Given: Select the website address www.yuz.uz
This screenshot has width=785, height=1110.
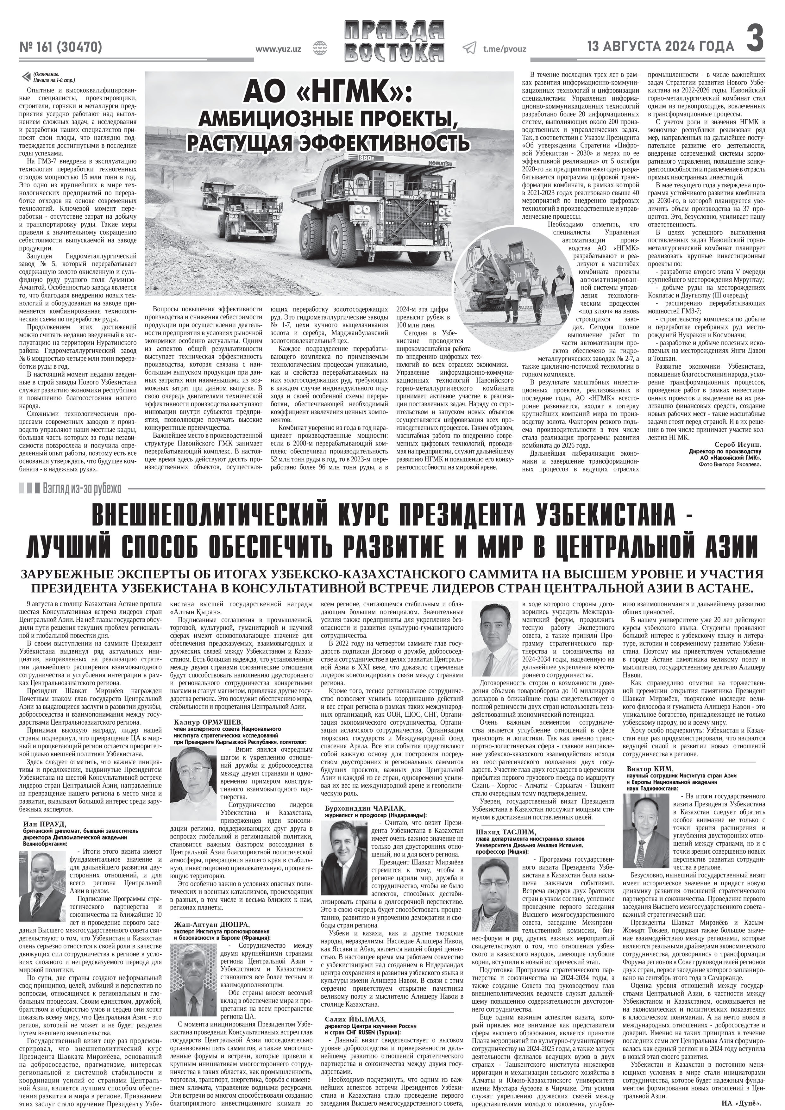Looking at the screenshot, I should (x=278, y=49).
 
